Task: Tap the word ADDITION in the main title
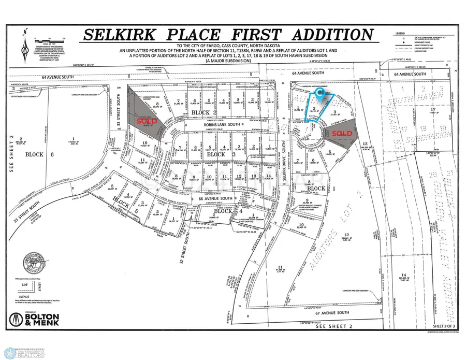tap(327, 36)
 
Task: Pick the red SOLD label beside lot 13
tap(342, 134)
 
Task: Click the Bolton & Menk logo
tap(34, 318)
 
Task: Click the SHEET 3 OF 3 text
tap(443, 324)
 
